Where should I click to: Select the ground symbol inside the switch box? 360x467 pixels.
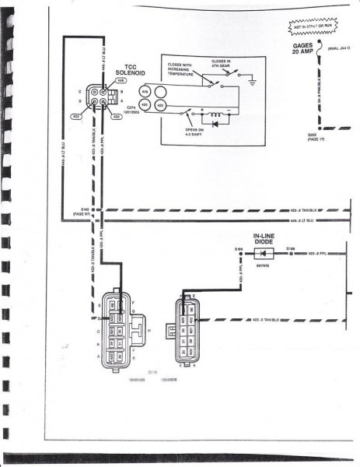coord(251,79)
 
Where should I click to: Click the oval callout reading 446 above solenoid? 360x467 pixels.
coord(121,80)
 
